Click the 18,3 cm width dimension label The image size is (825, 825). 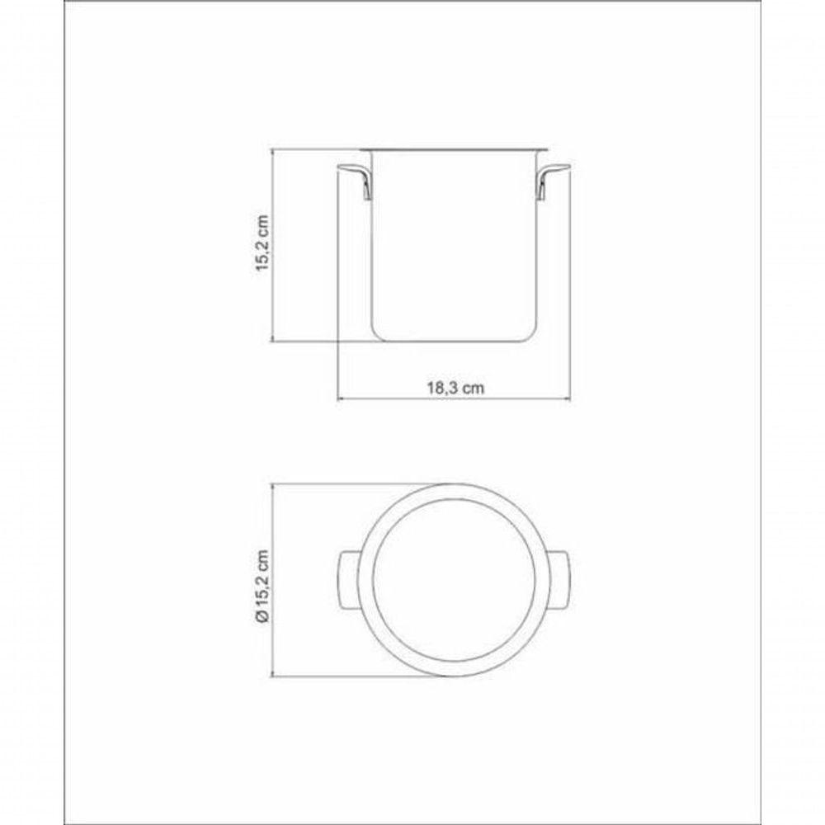455,388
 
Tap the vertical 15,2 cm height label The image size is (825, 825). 262,243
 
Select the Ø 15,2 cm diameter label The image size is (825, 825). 262,586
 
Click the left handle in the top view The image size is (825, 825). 348,580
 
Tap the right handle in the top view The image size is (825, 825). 559,580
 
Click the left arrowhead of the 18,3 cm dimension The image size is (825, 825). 341,398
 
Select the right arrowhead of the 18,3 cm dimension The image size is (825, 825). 568,398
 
